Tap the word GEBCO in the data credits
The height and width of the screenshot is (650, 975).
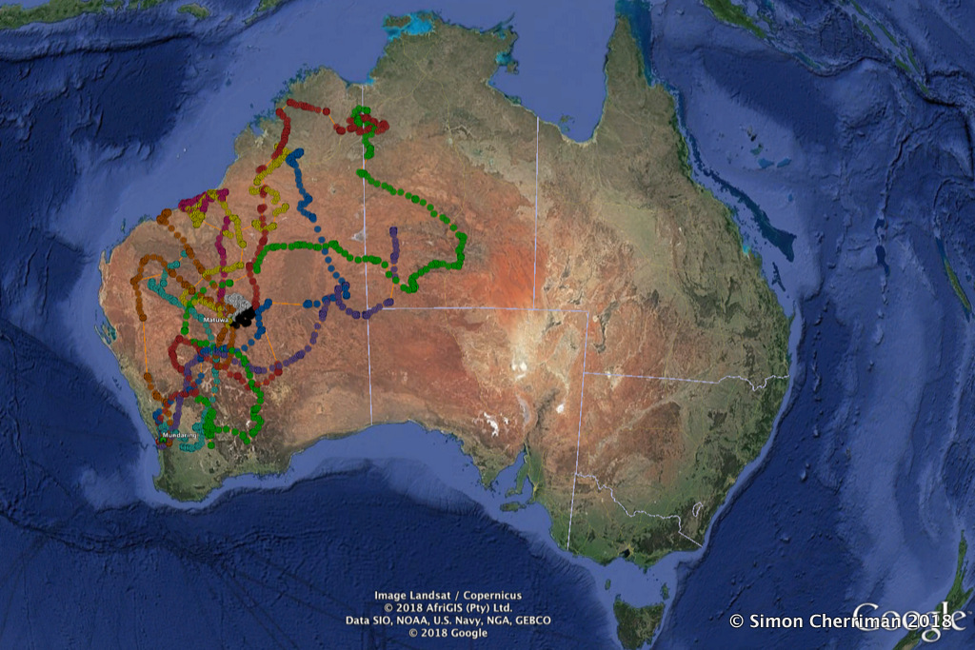point(531,620)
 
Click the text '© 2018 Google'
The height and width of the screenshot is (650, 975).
point(448,633)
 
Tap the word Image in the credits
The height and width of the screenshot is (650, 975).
point(391,596)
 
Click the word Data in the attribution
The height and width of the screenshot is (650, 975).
point(357,620)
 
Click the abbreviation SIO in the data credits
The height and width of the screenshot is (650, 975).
point(379,620)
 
